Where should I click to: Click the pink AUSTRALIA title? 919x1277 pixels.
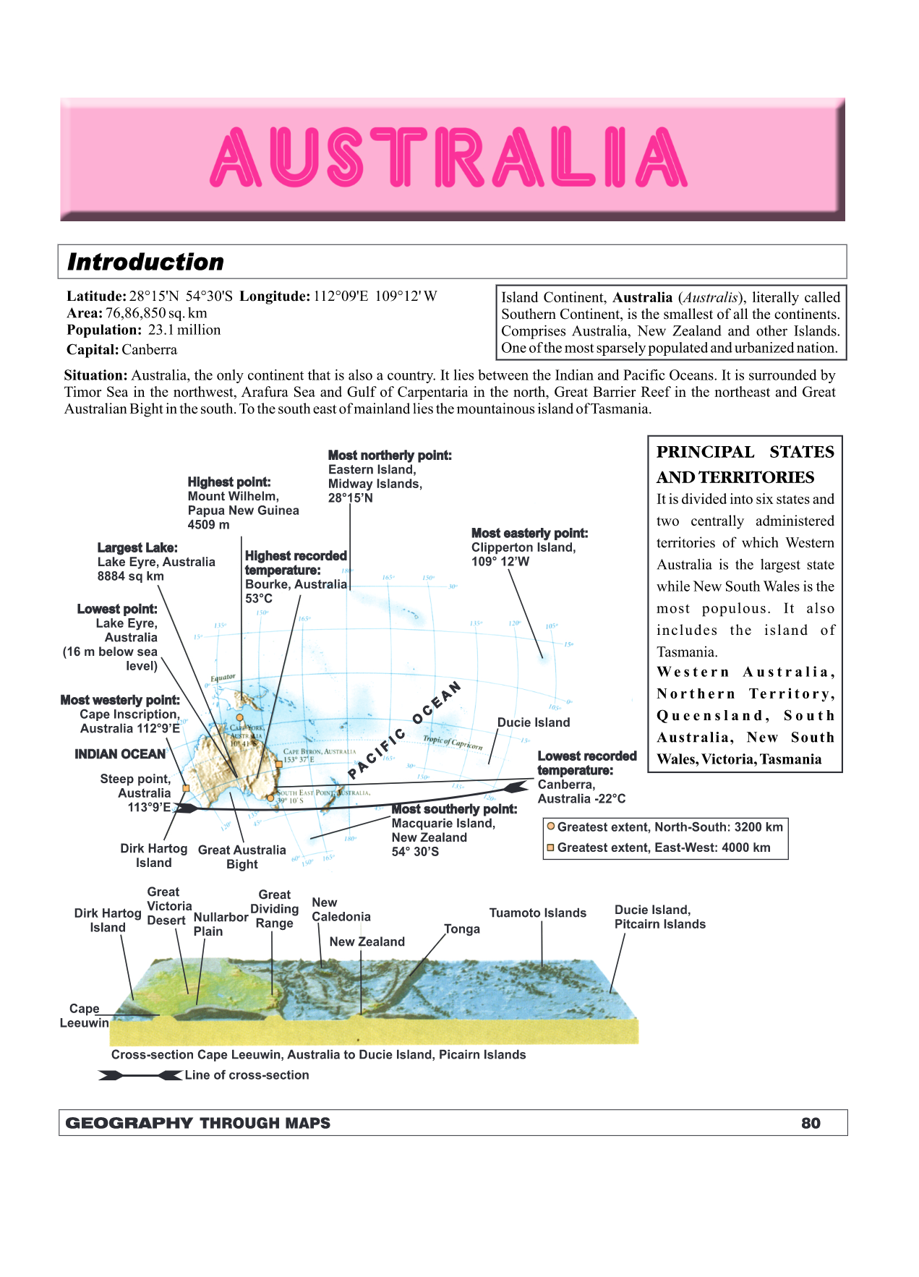pyautogui.click(x=449, y=157)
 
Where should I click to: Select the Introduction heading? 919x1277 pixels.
pyautogui.click(x=145, y=262)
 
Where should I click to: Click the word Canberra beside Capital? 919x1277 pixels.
pyautogui.click(x=149, y=350)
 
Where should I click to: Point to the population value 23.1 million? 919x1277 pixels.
pyautogui.click(x=184, y=330)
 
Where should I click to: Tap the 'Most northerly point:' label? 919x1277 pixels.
pyautogui.click(x=390, y=456)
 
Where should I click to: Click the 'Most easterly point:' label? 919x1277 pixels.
pyautogui.click(x=529, y=534)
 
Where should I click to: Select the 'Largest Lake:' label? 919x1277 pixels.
pyautogui.click(x=137, y=548)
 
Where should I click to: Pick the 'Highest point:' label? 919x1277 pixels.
pyautogui.click(x=228, y=482)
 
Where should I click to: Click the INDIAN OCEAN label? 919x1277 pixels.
pyautogui.click(x=120, y=754)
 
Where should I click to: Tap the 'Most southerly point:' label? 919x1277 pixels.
pyautogui.click(x=454, y=809)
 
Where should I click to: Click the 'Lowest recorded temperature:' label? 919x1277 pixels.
pyautogui.click(x=586, y=763)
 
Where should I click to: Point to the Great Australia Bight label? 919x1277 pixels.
pyautogui.click(x=241, y=857)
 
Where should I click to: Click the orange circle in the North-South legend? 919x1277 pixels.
pyautogui.click(x=551, y=827)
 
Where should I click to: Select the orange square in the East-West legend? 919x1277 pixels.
pyautogui.click(x=551, y=847)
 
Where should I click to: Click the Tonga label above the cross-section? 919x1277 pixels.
pyautogui.click(x=462, y=929)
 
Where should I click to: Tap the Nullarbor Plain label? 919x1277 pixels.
pyautogui.click(x=220, y=924)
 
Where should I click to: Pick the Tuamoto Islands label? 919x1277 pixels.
pyautogui.click(x=537, y=913)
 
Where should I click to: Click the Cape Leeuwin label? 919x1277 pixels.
pyautogui.click(x=84, y=1015)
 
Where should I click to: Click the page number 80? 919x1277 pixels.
pyautogui.click(x=811, y=1123)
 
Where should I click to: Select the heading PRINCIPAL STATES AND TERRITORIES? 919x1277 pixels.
pyautogui.click(x=745, y=464)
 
